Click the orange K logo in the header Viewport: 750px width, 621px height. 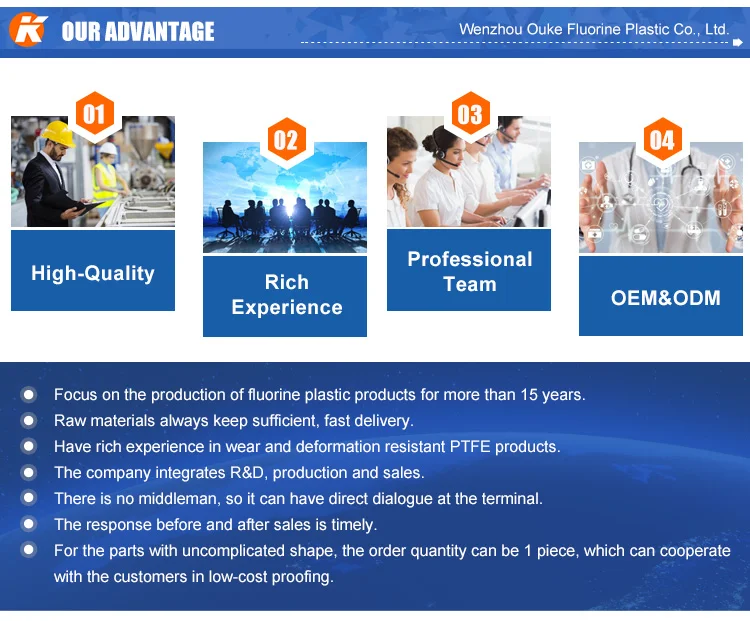pyautogui.click(x=28, y=30)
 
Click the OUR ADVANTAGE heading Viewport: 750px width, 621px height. pyautogui.click(x=138, y=32)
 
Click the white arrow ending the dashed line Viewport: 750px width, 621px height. pyautogui.click(x=738, y=43)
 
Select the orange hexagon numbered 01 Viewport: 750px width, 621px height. pyautogui.click(x=95, y=114)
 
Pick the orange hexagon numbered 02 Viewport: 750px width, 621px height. pyautogui.click(x=286, y=140)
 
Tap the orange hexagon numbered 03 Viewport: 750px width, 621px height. pyautogui.click(x=471, y=114)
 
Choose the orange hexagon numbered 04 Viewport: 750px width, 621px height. pyautogui.click(x=662, y=140)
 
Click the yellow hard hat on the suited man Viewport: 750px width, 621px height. pyautogui.click(x=58, y=133)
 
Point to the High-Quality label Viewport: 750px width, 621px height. pyautogui.click(x=93, y=273)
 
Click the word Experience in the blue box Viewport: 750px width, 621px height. pyautogui.click(x=287, y=307)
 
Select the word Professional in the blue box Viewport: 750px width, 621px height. pyautogui.click(x=470, y=259)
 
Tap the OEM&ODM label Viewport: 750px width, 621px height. pyautogui.click(x=665, y=298)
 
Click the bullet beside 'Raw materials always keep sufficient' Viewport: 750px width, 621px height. pyautogui.click(x=29, y=421)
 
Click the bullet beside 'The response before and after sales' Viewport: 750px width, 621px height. pyautogui.click(x=29, y=524)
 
